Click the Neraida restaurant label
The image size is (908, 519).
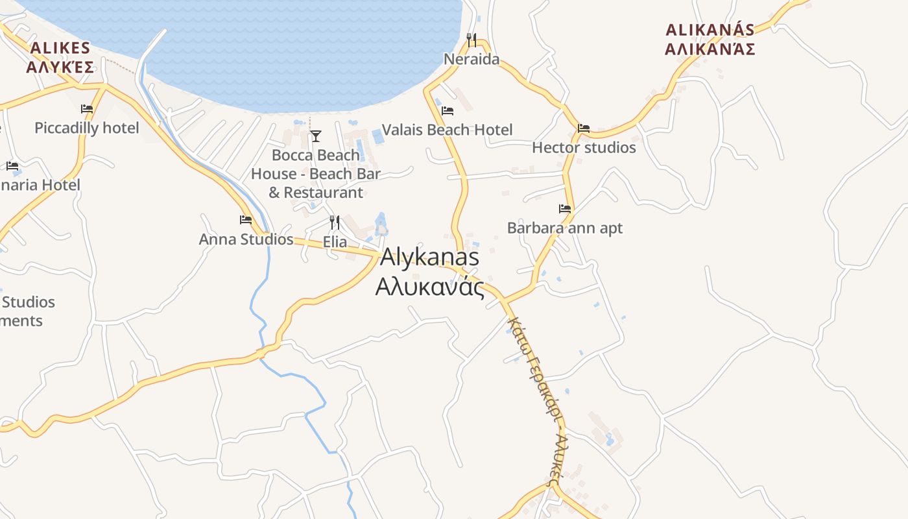[x=472, y=60]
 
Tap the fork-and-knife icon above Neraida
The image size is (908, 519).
[x=472, y=40]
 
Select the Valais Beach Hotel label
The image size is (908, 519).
[x=447, y=130]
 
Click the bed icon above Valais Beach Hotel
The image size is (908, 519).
[x=447, y=111]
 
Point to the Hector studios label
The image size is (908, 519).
[x=584, y=148]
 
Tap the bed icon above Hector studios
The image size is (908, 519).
[x=584, y=128]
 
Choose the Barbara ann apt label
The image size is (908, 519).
[x=564, y=228]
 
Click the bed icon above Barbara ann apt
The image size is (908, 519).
[x=565, y=209]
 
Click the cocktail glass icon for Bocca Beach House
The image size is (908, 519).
[x=316, y=136]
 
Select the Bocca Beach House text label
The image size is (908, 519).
[x=316, y=174]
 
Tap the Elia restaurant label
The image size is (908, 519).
[x=335, y=243]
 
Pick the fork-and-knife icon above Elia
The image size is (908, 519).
[x=335, y=223]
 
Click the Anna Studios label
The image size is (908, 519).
[x=246, y=239]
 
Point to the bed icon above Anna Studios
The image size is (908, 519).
[x=246, y=220]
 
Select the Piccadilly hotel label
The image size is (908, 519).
[x=87, y=128]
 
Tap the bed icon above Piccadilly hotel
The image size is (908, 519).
[x=87, y=109]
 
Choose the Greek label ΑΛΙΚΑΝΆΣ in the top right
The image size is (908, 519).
[x=710, y=49]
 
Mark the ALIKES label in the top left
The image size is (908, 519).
[x=60, y=48]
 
